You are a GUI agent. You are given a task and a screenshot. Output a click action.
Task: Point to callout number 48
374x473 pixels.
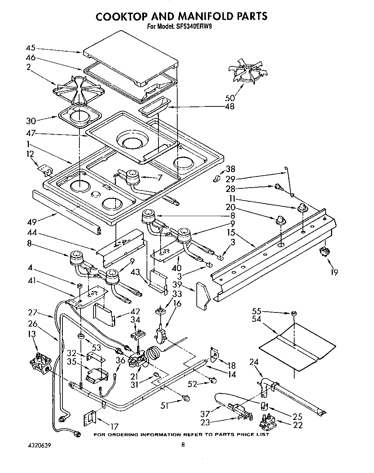(229, 106)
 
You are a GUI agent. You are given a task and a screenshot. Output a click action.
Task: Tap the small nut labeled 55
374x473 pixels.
(294, 313)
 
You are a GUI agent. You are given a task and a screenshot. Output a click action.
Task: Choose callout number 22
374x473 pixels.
(298, 425)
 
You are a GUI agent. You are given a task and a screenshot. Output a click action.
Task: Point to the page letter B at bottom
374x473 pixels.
(183, 445)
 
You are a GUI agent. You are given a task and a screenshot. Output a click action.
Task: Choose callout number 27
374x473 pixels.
(33, 312)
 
